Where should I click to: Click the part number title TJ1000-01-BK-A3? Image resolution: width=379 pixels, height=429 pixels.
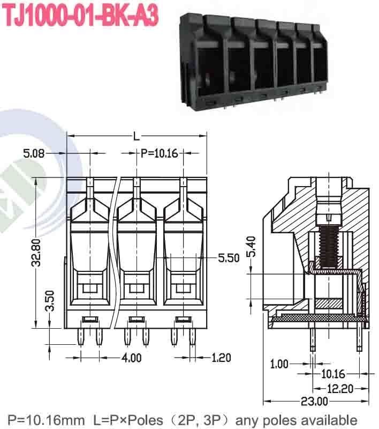(80, 16)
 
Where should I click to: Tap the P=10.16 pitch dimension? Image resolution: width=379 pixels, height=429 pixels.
(159, 153)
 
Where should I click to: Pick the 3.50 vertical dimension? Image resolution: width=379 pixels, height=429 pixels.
(49, 301)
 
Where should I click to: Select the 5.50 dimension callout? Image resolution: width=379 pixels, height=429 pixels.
(229, 258)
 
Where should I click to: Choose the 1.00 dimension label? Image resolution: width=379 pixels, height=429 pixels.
(279, 365)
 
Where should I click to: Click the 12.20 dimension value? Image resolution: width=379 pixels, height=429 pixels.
(340, 388)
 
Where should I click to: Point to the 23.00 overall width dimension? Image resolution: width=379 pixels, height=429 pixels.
(314, 401)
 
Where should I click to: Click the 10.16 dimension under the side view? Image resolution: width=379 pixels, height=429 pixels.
(332, 374)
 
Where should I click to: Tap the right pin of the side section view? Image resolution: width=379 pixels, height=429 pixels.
(359, 338)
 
